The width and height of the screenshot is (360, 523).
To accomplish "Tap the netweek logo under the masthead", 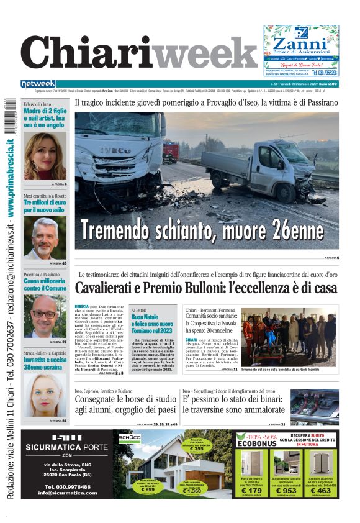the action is tap(38, 84).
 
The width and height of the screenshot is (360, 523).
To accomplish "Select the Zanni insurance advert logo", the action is tap(300, 45).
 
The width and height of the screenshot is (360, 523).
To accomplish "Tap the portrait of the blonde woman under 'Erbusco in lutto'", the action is tap(45, 156).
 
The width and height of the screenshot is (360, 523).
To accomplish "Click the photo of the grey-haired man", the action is tap(45, 237).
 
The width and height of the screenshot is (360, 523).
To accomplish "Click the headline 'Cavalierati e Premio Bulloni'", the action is tap(206, 288).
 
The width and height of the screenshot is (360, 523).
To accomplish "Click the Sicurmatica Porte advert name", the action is tap(67, 447).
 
